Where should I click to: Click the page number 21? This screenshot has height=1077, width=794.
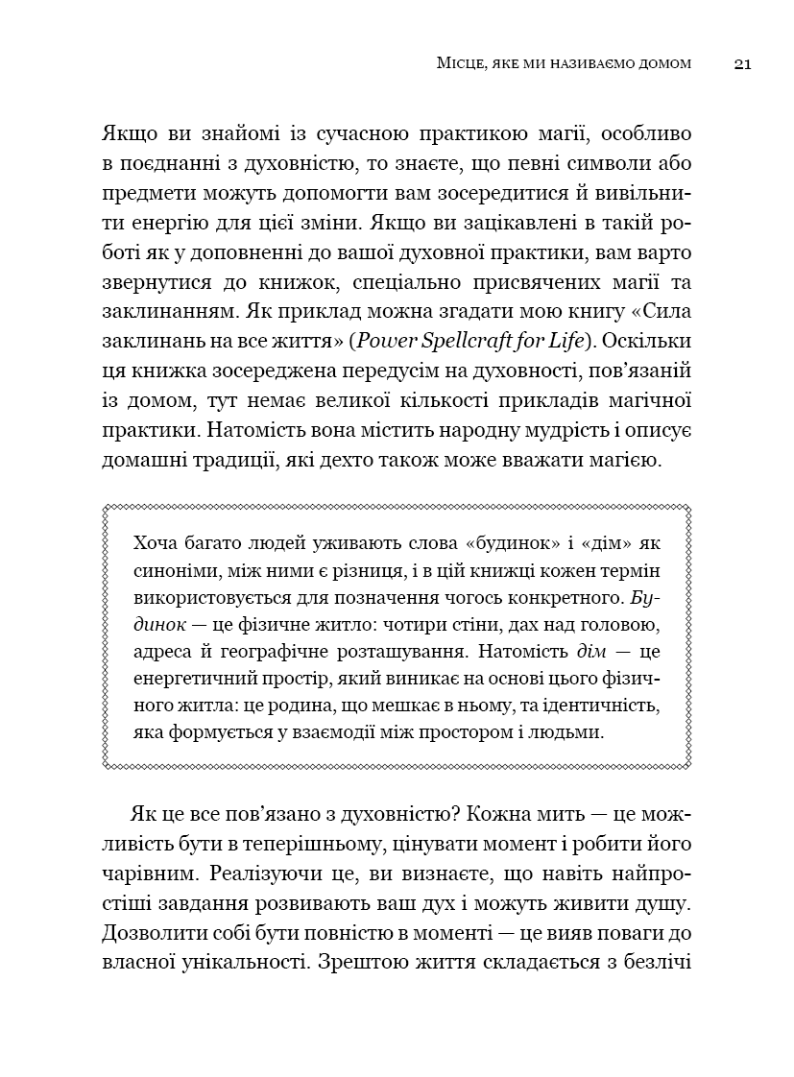click(x=741, y=64)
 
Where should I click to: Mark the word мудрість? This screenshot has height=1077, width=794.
click(x=522, y=432)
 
